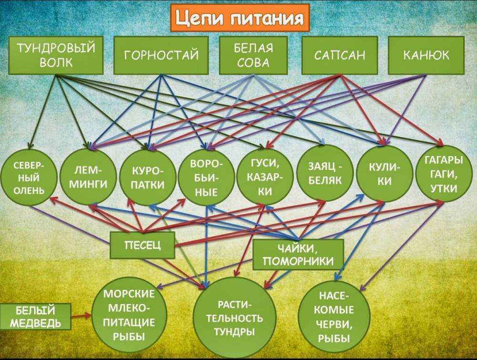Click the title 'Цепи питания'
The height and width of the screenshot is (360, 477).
coord(239,18)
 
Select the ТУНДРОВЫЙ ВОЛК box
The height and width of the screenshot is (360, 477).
coord(56,55)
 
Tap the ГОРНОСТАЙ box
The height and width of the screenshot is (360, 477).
coord(161,55)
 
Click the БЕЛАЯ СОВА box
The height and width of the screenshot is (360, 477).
coord(253,55)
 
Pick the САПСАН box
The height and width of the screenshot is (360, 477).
coord(339,55)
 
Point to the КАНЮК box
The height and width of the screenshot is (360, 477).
coord(426,55)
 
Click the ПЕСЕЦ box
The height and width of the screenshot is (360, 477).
coord(142,245)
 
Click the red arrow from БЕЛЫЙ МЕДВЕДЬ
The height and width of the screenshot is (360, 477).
coord(82,316)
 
